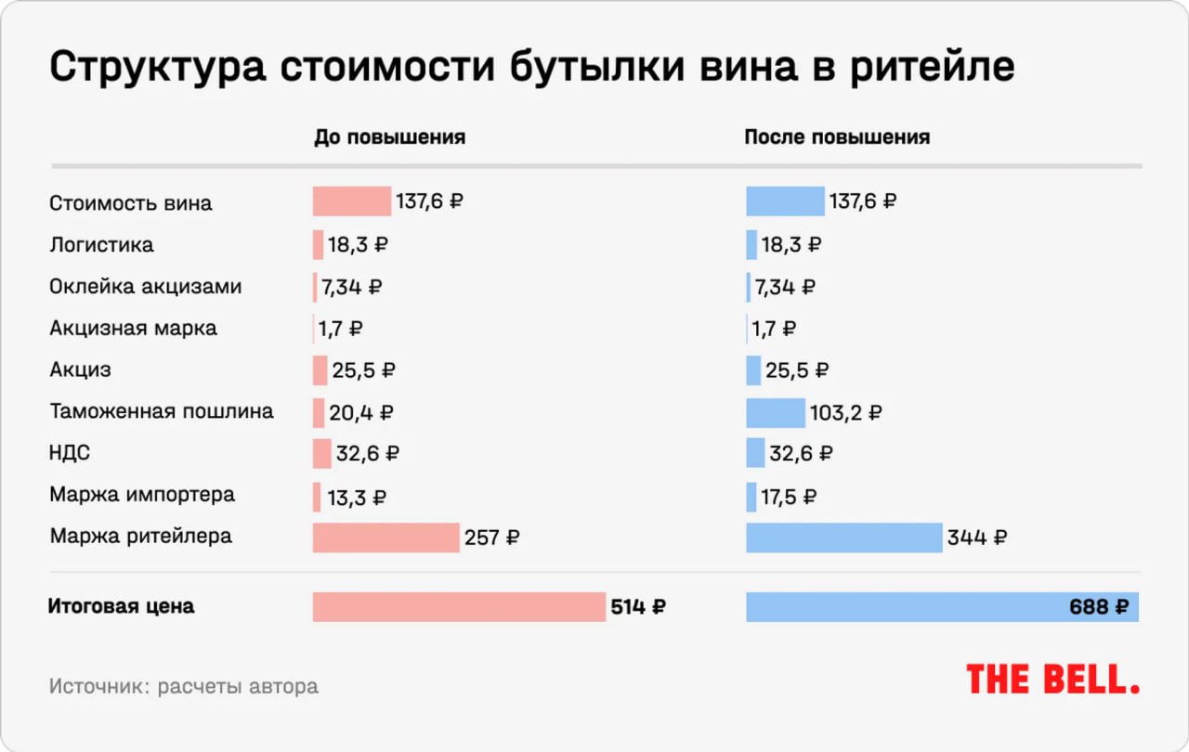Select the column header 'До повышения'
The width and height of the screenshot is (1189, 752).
[389, 137]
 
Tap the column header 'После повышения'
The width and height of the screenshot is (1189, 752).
[836, 137]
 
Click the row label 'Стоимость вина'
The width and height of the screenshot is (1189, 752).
[130, 203]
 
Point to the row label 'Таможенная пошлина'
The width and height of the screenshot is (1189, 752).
[161, 411]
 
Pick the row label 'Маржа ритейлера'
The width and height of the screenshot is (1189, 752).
[140, 537]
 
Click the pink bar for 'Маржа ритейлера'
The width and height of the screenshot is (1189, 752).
[385, 538]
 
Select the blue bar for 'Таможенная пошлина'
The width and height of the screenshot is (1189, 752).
[776, 412]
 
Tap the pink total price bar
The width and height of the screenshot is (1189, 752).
[459, 607]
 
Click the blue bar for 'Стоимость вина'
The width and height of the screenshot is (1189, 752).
[785, 201]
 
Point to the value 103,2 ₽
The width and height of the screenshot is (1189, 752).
[845, 413]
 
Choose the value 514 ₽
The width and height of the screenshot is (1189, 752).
[638, 608]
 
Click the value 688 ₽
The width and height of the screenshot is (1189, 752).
[1099, 608]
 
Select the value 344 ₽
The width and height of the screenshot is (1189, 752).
[976, 538]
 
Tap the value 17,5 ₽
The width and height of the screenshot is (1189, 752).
[789, 497]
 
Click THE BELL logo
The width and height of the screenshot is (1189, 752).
[1052, 680]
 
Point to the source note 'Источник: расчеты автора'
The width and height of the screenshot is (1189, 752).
[183, 687]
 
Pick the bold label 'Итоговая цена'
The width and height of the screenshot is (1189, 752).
[121, 607]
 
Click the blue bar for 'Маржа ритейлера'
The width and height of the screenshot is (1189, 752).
[843, 538]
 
